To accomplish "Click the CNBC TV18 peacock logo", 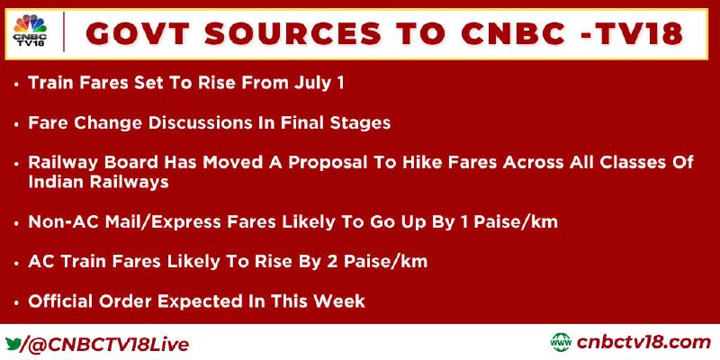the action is [30, 31].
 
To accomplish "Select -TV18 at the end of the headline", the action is [633, 33].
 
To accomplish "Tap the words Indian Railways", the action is [98, 182].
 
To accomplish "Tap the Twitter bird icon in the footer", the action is [12, 343].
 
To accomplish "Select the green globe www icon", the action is [561, 343].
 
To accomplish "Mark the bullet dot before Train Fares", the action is [17, 85].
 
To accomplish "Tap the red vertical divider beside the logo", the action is [63, 31].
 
